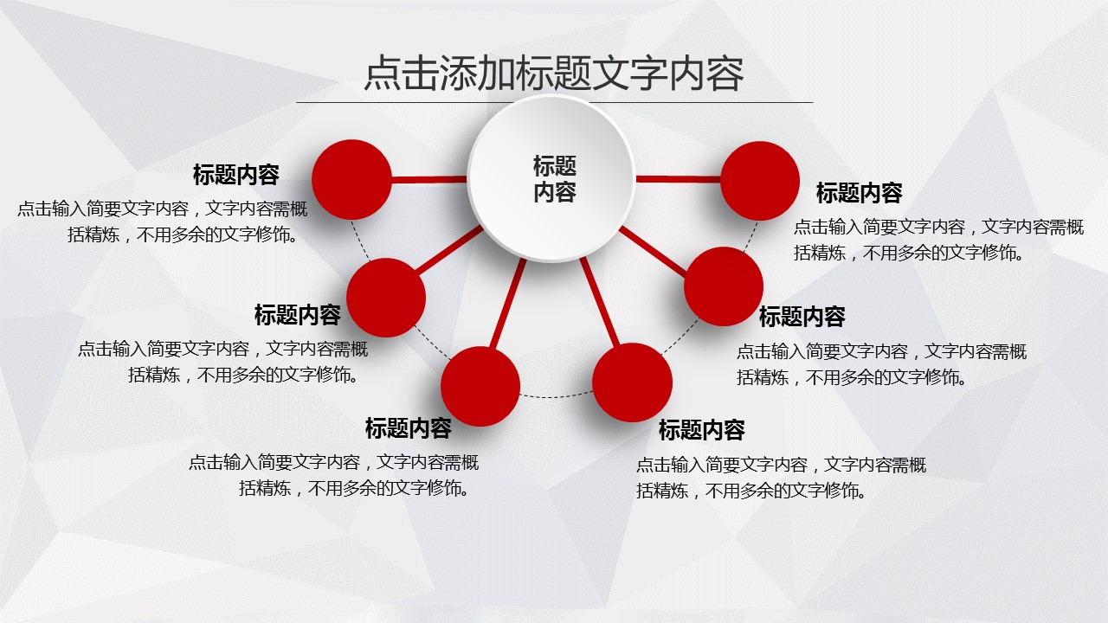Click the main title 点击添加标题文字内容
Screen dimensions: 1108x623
click(554, 74)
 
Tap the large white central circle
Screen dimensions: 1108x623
click(551, 178)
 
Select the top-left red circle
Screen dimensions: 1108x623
click(351, 179)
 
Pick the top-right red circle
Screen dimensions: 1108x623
click(760, 181)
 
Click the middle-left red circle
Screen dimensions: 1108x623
click(386, 298)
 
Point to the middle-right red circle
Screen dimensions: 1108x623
click(724, 286)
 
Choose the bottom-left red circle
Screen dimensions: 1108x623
click(480, 386)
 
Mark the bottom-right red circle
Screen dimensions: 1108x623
click(632, 382)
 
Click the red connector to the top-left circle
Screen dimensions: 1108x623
click(429, 179)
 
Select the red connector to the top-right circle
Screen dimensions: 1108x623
click(678, 179)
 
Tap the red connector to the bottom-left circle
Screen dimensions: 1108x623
click(508, 304)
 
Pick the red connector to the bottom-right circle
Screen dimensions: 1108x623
click(600, 302)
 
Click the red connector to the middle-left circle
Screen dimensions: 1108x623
click(449, 249)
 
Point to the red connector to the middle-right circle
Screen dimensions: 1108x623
click(653, 251)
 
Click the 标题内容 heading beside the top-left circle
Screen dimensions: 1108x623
click(236, 175)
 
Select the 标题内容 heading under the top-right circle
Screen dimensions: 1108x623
click(860, 193)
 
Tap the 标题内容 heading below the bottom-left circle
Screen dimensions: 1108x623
click(408, 428)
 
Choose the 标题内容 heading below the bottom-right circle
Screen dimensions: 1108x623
click(701, 430)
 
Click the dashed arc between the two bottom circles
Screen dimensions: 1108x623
click(556, 396)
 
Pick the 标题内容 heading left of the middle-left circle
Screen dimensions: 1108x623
click(297, 315)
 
